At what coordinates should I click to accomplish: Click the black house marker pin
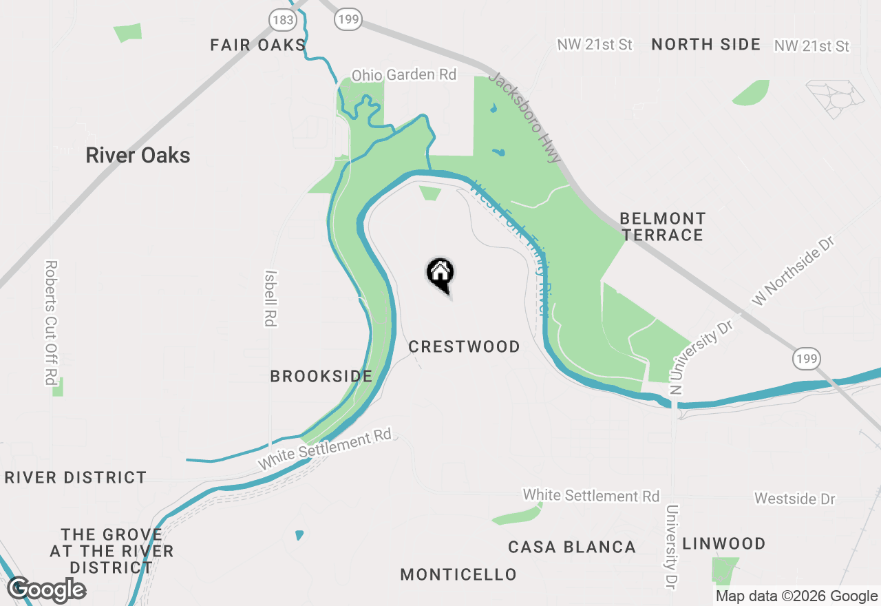click(x=440, y=274)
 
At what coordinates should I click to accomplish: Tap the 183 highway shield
click(x=283, y=19)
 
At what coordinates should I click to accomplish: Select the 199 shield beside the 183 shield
click(x=348, y=19)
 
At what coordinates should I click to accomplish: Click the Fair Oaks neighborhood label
click(x=257, y=45)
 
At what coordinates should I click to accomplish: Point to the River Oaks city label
click(x=138, y=156)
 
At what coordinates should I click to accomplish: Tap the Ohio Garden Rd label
click(x=404, y=74)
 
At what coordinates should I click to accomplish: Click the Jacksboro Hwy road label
click(x=525, y=116)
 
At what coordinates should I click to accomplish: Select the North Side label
click(x=705, y=45)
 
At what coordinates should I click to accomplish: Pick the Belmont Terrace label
click(x=662, y=227)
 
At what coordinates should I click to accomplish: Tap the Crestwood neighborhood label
click(x=465, y=346)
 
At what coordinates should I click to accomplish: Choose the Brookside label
click(x=321, y=377)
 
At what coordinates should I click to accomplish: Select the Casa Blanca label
click(x=571, y=547)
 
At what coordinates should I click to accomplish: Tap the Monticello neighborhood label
click(x=458, y=574)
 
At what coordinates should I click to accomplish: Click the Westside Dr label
click(x=794, y=498)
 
